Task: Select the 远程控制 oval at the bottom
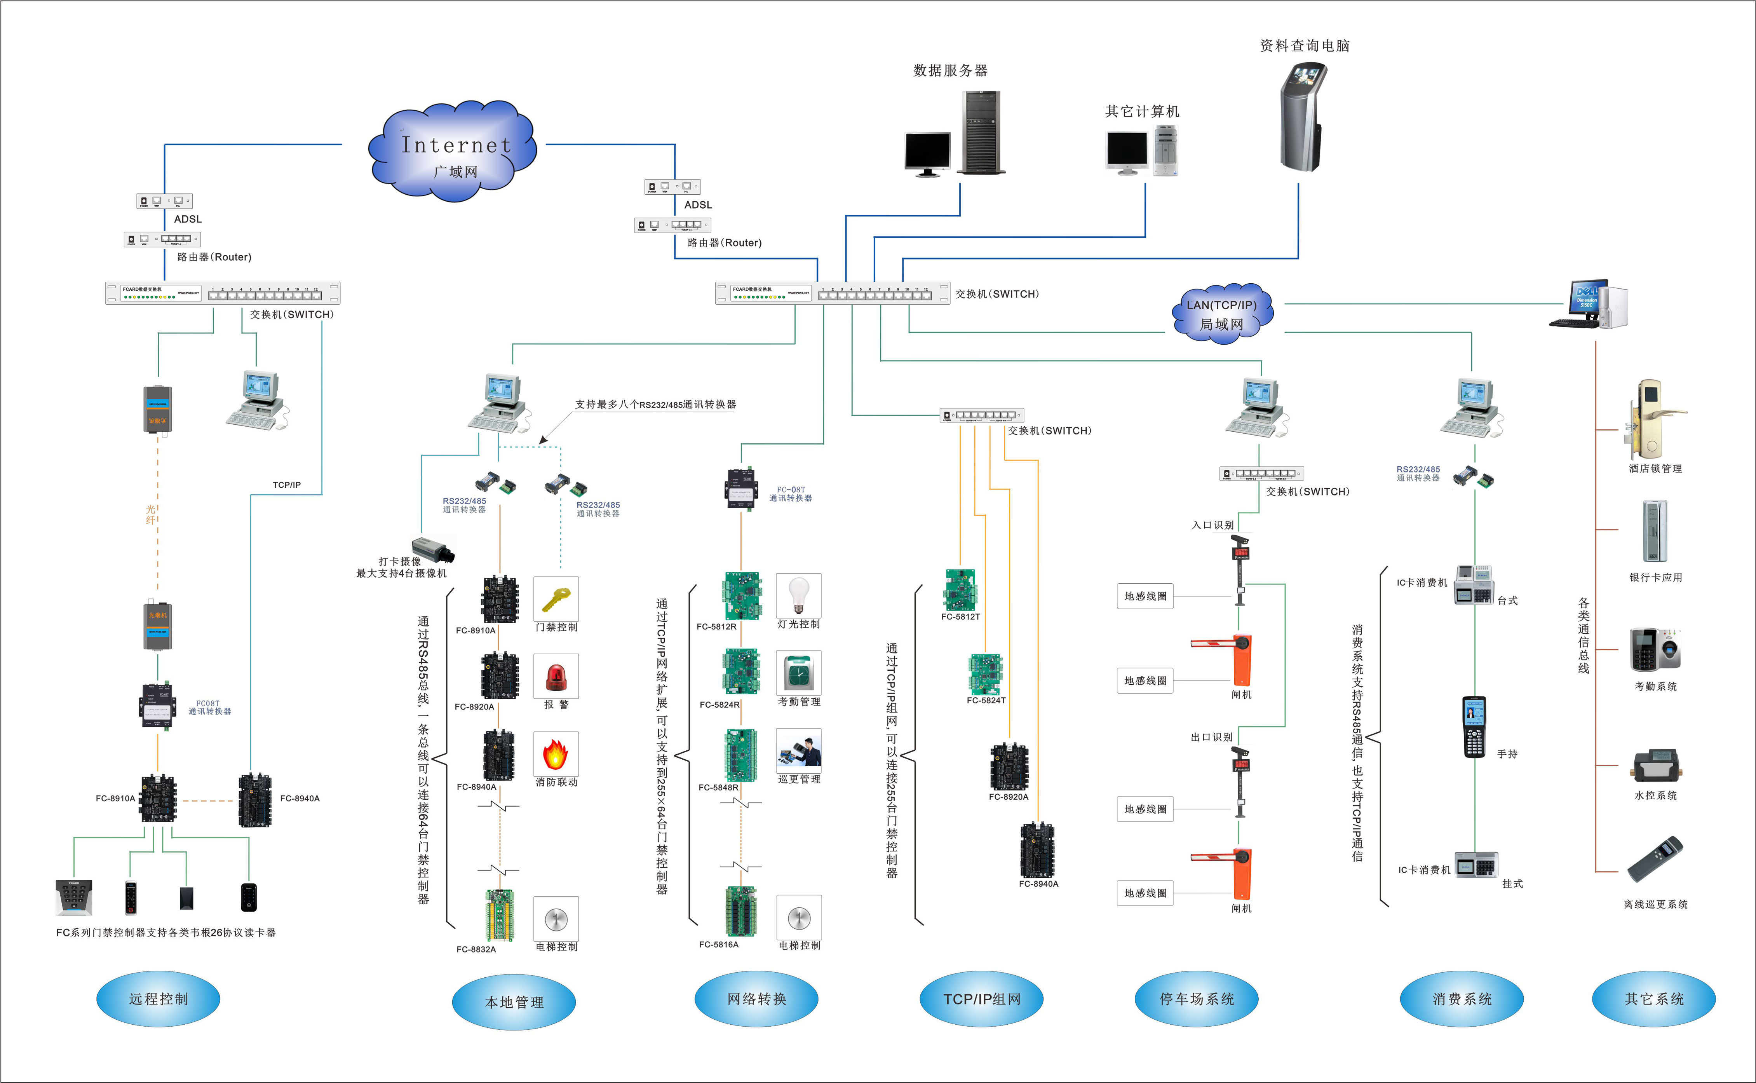coord(158,998)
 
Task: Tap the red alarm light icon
coord(556,676)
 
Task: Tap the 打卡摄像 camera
coord(434,549)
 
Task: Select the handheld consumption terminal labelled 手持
coord(1474,726)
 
